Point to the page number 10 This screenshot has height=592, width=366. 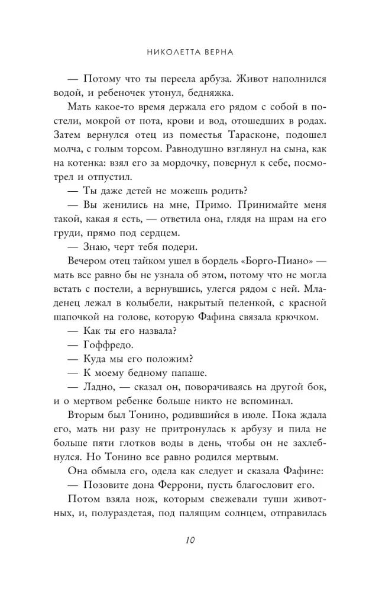(x=189, y=539)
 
